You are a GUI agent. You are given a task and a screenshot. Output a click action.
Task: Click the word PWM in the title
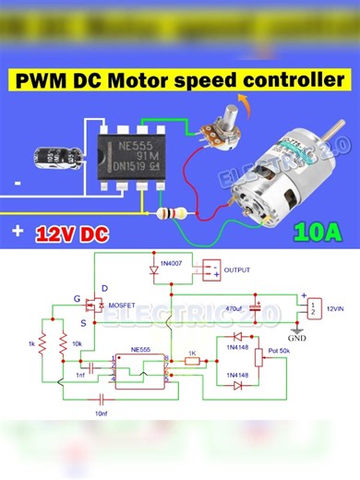pos(46,81)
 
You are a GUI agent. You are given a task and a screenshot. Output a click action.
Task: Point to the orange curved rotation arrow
pos(242,99)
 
